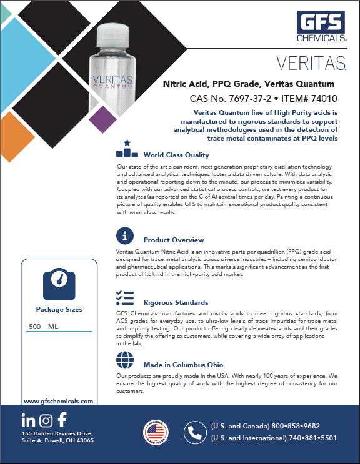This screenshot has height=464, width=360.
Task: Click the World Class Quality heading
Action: (x=176, y=155)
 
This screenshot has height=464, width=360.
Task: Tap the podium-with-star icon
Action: (x=127, y=149)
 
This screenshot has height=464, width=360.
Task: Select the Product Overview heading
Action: (x=174, y=240)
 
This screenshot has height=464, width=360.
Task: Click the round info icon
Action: (x=126, y=236)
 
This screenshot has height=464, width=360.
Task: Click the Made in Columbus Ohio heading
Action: (x=183, y=365)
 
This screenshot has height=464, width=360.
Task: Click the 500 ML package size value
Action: (x=43, y=327)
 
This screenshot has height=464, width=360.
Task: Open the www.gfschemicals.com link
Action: (x=58, y=402)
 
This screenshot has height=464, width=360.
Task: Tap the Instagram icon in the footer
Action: (x=45, y=420)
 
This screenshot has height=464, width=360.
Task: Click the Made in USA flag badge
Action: (x=156, y=433)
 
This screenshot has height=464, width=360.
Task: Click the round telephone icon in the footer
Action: (x=196, y=433)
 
